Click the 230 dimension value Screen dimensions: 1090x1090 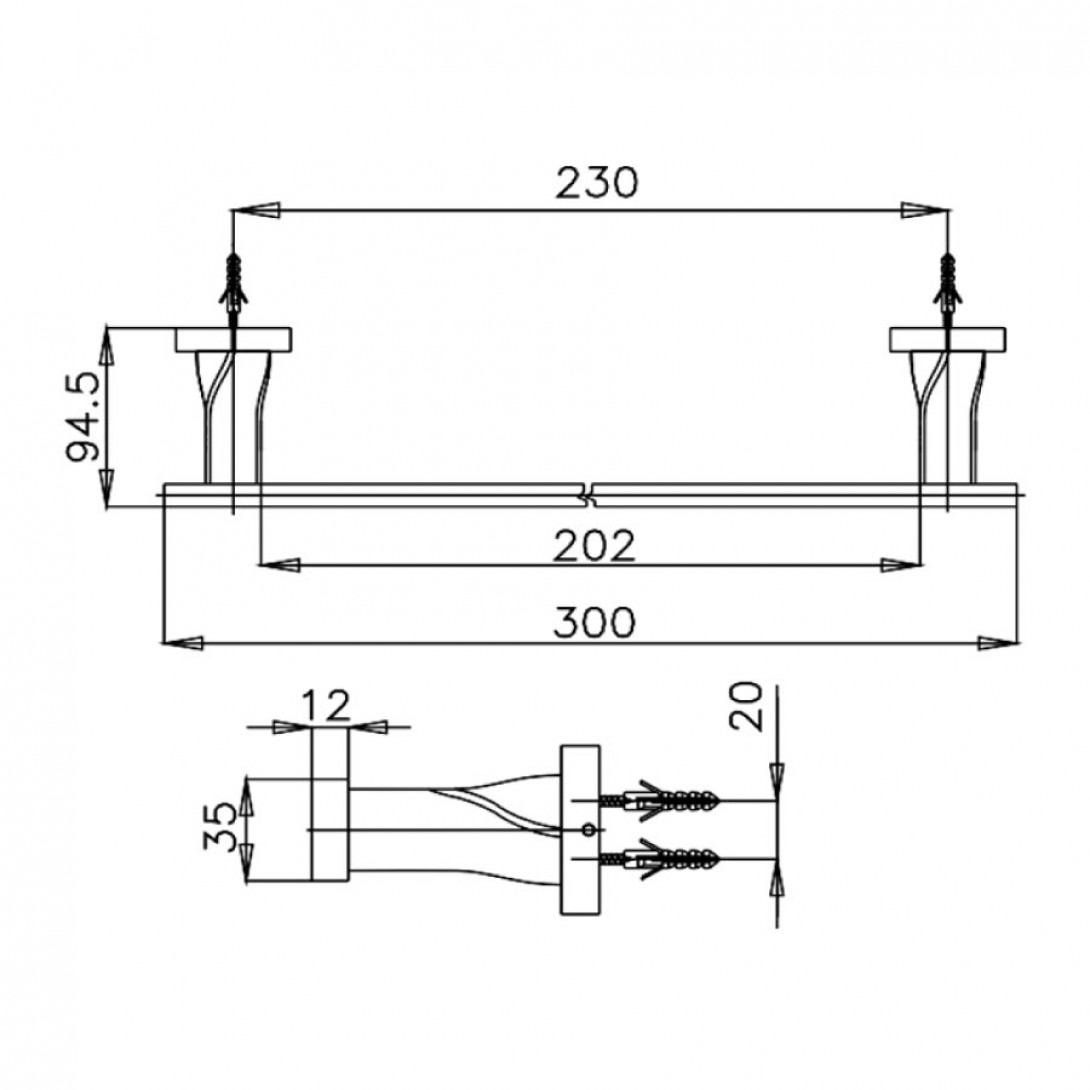click(x=596, y=183)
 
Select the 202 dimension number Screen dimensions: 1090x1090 click(x=594, y=546)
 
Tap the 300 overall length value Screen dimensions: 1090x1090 click(x=594, y=622)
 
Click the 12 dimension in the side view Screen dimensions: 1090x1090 click(x=326, y=706)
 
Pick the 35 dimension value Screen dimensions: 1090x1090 click(x=220, y=827)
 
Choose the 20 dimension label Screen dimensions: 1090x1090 click(x=745, y=706)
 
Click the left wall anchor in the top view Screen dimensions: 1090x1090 click(x=233, y=284)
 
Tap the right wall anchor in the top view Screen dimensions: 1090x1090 click(x=947, y=284)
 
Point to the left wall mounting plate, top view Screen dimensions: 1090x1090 click(x=233, y=339)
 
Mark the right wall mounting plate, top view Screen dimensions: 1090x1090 click(x=947, y=339)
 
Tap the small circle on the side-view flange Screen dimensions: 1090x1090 click(x=588, y=829)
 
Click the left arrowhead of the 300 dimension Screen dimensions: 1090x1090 click(x=182, y=644)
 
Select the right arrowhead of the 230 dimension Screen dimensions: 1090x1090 click(x=927, y=210)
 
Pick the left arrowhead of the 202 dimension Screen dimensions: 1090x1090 click(x=279, y=564)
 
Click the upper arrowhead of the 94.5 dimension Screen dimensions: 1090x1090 click(x=107, y=345)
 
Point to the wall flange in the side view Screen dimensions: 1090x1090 click(x=580, y=829)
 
